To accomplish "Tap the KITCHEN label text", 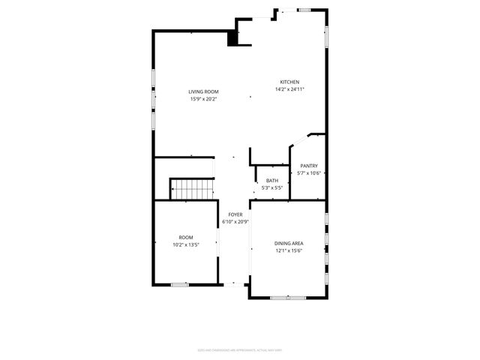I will [290, 82].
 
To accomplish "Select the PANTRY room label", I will [309, 166].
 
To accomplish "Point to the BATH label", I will [272, 181].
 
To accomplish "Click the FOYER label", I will [235, 214].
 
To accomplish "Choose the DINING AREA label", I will [289, 244].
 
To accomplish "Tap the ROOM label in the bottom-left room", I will [186, 237].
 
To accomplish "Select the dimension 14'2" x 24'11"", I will [290, 89].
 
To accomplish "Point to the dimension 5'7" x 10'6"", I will [309, 173].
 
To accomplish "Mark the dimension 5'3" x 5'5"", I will [272, 187].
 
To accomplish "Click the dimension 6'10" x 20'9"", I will [235, 221].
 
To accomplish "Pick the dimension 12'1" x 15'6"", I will [289, 251].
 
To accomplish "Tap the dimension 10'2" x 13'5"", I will [186, 244].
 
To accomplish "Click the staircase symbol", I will [192, 189].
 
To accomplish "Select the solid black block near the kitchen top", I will [233, 40].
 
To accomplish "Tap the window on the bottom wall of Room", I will [179, 284].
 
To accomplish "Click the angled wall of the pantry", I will [298, 140].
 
